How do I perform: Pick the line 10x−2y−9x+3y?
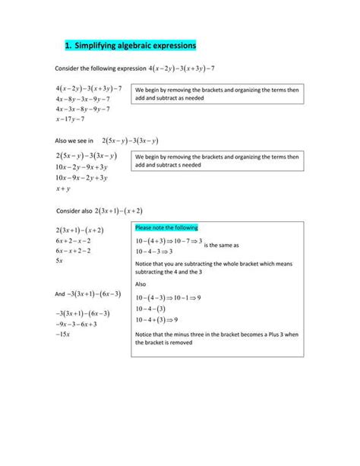coord(82,166)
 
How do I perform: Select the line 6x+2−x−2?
coord(74,240)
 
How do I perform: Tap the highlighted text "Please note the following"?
coord(166,227)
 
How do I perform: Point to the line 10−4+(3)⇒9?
coord(156,320)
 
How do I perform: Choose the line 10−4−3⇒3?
coord(154,251)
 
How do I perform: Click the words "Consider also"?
coord(76,211)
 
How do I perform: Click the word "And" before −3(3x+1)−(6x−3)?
coord(60,293)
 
